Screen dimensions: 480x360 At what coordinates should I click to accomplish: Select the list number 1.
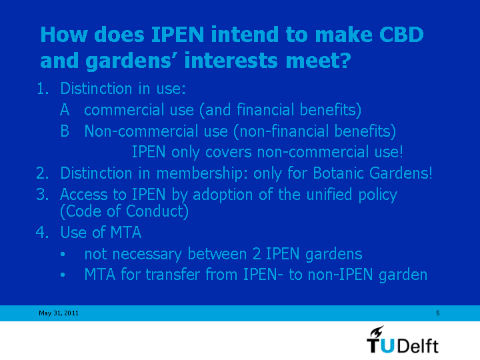(43, 89)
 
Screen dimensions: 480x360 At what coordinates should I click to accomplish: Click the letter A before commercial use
(65, 109)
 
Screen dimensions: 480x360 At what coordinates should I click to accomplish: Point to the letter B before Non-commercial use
(65, 131)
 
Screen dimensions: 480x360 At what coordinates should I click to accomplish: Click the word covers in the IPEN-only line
(229, 152)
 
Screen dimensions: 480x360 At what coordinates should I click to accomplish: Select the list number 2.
(43, 173)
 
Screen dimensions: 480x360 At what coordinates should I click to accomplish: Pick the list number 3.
(43, 195)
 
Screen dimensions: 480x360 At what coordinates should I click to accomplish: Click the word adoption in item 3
(223, 195)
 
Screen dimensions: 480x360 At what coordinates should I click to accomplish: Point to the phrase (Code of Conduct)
(124, 211)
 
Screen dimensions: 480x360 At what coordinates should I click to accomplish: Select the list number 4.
(43, 232)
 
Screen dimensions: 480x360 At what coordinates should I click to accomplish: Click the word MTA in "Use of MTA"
(126, 232)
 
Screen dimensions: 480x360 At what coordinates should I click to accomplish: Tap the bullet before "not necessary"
(63, 254)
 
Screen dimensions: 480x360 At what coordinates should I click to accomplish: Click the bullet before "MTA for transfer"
(63, 275)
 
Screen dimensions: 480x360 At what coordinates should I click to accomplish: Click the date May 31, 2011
(59, 313)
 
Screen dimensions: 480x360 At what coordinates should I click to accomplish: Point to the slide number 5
(438, 313)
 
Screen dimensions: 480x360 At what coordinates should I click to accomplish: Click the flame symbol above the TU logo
(377, 331)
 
